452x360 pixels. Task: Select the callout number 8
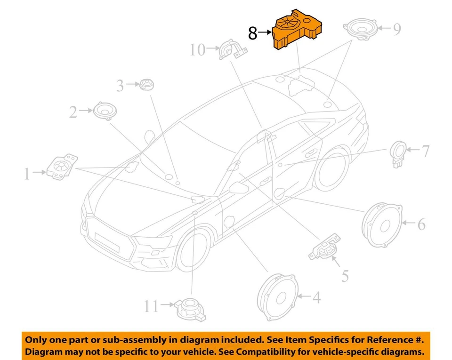[x=252, y=33]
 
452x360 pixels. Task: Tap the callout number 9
[x=397, y=30]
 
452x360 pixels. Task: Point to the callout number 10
[x=198, y=49]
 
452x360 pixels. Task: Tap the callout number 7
[x=425, y=152]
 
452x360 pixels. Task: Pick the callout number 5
[x=345, y=276]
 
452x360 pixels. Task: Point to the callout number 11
[x=151, y=307]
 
